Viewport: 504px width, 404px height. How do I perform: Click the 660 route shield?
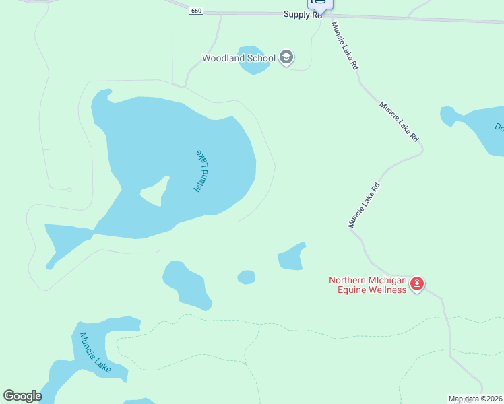[x=196, y=11]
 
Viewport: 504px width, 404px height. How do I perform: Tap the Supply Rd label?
[x=303, y=14]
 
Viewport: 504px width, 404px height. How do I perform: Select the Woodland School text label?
[x=239, y=58]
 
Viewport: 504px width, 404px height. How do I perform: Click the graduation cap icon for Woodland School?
[x=286, y=57]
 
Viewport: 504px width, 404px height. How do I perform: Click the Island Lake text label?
[x=203, y=171]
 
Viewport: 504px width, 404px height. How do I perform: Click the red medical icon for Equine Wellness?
[x=417, y=284]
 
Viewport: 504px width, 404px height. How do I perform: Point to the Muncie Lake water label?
[x=95, y=352]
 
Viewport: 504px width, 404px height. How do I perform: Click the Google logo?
[x=22, y=396]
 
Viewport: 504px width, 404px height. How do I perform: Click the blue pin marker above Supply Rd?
[x=320, y=3]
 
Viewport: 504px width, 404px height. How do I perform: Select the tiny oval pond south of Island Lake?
[x=247, y=277]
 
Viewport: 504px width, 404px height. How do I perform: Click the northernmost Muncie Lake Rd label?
[x=344, y=45]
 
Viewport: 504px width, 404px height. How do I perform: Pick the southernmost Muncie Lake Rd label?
[x=365, y=205]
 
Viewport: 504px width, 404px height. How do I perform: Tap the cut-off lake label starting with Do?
[x=499, y=127]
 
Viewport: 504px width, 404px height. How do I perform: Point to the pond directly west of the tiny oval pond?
[x=187, y=284]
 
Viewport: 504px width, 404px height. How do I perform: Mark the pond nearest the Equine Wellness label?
[x=292, y=257]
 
